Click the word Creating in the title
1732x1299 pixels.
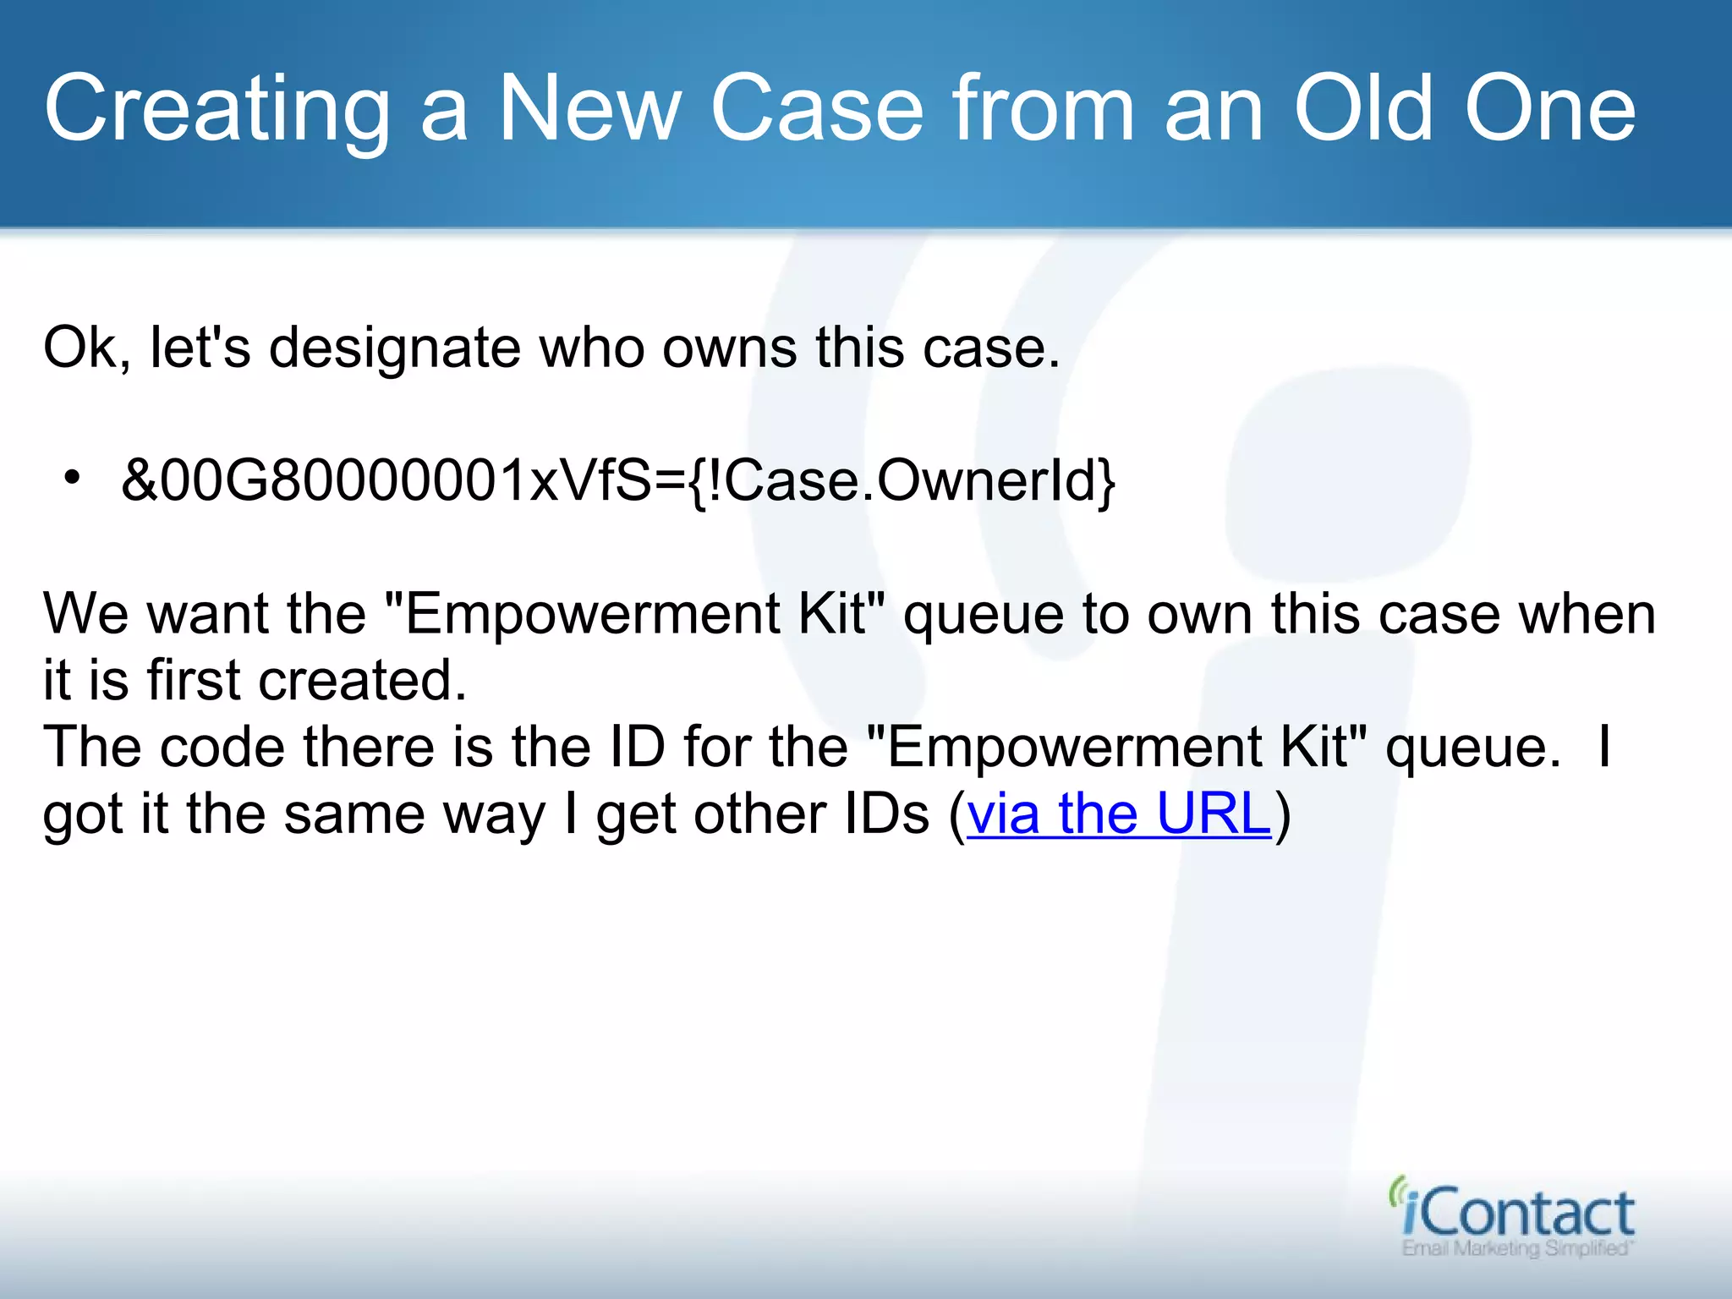(216, 110)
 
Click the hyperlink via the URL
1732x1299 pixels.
(1119, 815)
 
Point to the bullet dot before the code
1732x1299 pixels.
(73, 479)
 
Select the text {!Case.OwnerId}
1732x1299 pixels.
(901, 480)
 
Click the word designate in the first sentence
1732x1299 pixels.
(394, 348)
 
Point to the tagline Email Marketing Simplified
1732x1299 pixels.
(1515, 1249)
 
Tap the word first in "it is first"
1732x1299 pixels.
(195, 681)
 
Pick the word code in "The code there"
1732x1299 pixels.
(222, 748)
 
